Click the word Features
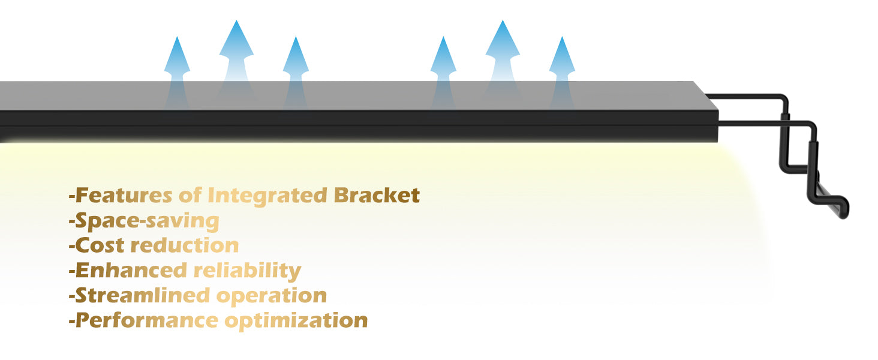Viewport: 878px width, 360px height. [124, 195]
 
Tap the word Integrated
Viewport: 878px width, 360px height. [267, 196]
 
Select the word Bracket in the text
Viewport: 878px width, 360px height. [377, 195]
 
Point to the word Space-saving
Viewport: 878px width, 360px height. [146, 221]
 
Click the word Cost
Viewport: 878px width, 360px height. [100, 245]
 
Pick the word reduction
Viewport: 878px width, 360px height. [185, 245]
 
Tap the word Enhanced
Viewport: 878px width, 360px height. [131, 271]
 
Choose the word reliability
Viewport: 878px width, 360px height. [247, 271]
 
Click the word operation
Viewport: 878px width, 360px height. [272, 296]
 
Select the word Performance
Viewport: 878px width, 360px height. [146, 320]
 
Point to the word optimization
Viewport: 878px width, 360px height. [296, 322]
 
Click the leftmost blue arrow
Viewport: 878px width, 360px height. [177, 73]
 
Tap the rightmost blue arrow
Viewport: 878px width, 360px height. [562, 73]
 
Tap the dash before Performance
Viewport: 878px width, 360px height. [72, 322]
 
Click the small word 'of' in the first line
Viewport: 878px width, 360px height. [190, 195]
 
